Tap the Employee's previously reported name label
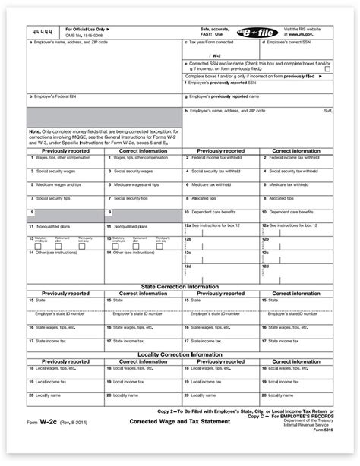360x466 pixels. click(x=229, y=97)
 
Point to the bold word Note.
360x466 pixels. click(x=35, y=131)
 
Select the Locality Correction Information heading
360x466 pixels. click(x=180, y=354)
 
